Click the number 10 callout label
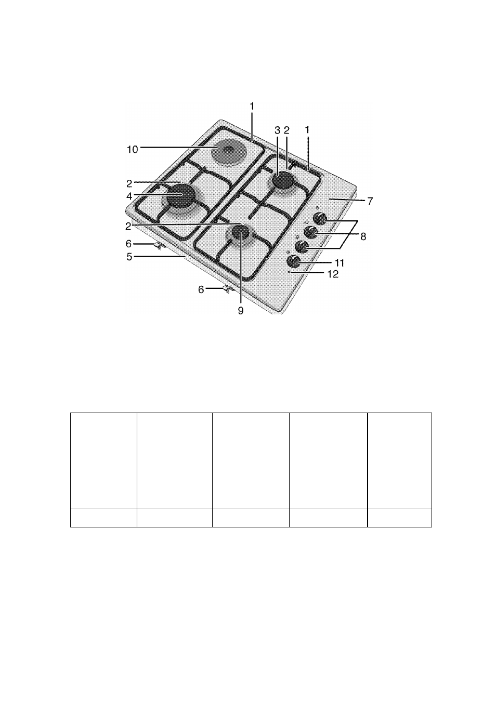[132, 150]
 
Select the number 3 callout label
[277, 130]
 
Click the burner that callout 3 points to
[283, 181]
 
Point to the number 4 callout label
[129, 196]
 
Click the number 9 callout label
[241, 311]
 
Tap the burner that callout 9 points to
[240, 232]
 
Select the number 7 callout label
[370, 201]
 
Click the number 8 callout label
[363, 236]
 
